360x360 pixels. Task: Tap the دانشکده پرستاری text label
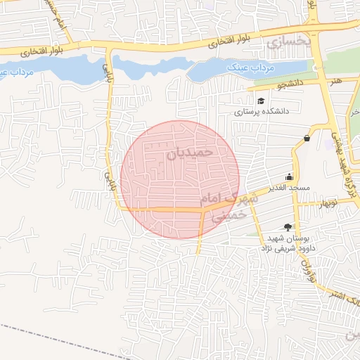point(261,111)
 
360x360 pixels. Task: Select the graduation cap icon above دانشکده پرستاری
point(261,101)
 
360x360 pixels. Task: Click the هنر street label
point(336,81)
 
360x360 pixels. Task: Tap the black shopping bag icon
point(307,138)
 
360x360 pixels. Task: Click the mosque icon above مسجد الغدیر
point(289,177)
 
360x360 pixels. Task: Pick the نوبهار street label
point(328,204)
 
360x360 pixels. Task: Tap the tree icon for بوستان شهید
point(287,227)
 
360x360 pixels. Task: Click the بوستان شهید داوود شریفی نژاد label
point(290,243)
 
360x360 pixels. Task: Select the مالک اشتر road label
point(345,295)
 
